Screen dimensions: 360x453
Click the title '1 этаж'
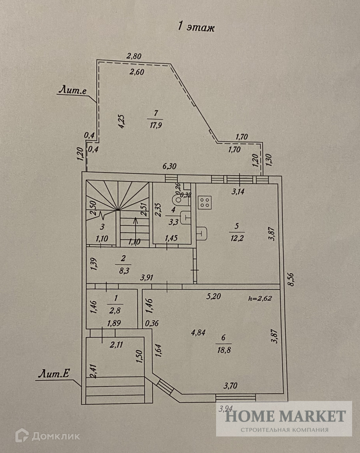[196, 28]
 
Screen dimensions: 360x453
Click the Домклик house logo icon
[22, 436]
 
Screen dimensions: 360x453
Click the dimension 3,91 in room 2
[148, 277]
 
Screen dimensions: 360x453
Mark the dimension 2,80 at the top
[134, 56]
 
